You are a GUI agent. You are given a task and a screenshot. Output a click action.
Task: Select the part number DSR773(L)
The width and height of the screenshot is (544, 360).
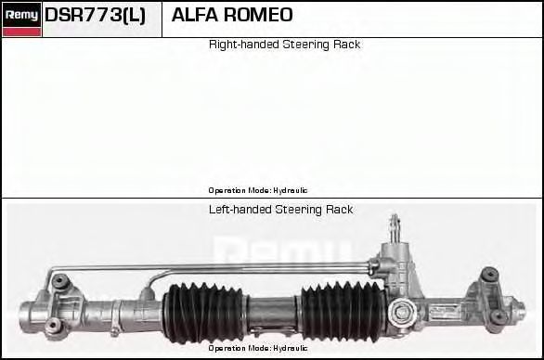(x=95, y=15)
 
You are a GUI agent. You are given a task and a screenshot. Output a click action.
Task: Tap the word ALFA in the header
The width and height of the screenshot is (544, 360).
(x=194, y=15)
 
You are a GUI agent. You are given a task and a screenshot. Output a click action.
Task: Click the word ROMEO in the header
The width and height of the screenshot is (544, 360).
(x=258, y=15)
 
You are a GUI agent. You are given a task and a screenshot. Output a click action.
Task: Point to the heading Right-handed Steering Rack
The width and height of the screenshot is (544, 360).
(x=284, y=45)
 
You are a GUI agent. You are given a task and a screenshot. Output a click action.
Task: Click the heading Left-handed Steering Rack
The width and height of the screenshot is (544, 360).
(x=280, y=210)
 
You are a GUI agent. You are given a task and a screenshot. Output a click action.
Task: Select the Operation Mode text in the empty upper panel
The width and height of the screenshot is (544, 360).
(x=258, y=190)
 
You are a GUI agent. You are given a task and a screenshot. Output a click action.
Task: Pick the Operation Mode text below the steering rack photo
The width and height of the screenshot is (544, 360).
(x=258, y=348)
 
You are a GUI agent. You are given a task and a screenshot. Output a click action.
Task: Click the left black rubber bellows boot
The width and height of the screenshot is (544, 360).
(x=203, y=313)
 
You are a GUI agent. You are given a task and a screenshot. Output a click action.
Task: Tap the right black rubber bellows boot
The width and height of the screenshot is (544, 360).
(x=343, y=311)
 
